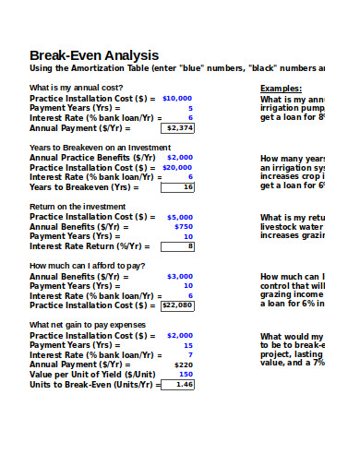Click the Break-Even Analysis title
94,55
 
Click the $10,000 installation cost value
177,97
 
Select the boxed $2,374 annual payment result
178,128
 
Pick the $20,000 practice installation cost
177,167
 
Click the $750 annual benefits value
184,226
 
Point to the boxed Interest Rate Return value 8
190,246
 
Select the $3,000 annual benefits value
180,276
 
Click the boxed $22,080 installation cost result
178,305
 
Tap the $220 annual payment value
184,364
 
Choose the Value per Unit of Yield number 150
186,374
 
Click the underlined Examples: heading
281,89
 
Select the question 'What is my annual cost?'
75,88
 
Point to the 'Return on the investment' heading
72,206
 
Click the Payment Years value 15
188,344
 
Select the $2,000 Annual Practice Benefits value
180,157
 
